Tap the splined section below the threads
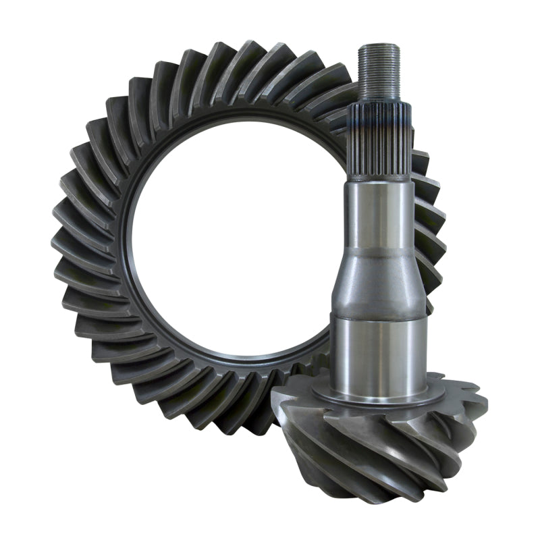coord(380,145)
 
